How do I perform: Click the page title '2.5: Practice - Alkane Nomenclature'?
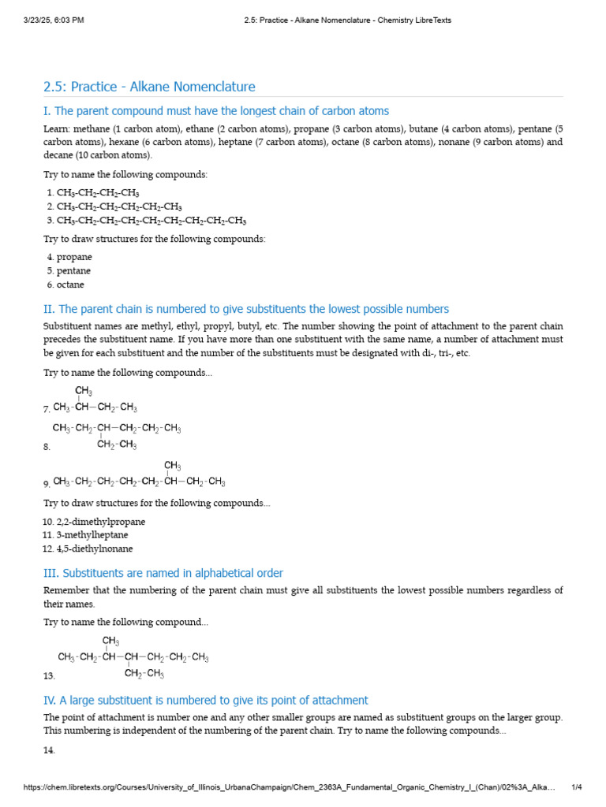(149, 87)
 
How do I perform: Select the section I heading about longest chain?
(216, 111)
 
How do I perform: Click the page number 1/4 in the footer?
(576, 787)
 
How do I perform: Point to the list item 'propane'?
(74, 257)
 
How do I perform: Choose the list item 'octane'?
(70, 284)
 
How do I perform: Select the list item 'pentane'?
(73, 271)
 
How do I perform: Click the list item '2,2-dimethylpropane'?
(100, 522)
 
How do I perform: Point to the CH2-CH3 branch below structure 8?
(117, 445)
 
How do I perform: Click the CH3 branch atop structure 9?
(172, 466)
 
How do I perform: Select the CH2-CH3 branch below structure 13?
(144, 674)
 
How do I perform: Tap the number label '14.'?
(49, 751)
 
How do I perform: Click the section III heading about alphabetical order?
(163, 573)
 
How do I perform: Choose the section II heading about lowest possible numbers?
(246, 309)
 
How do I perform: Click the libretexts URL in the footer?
(290, 787)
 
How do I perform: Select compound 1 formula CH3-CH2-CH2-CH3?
(98, 192)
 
